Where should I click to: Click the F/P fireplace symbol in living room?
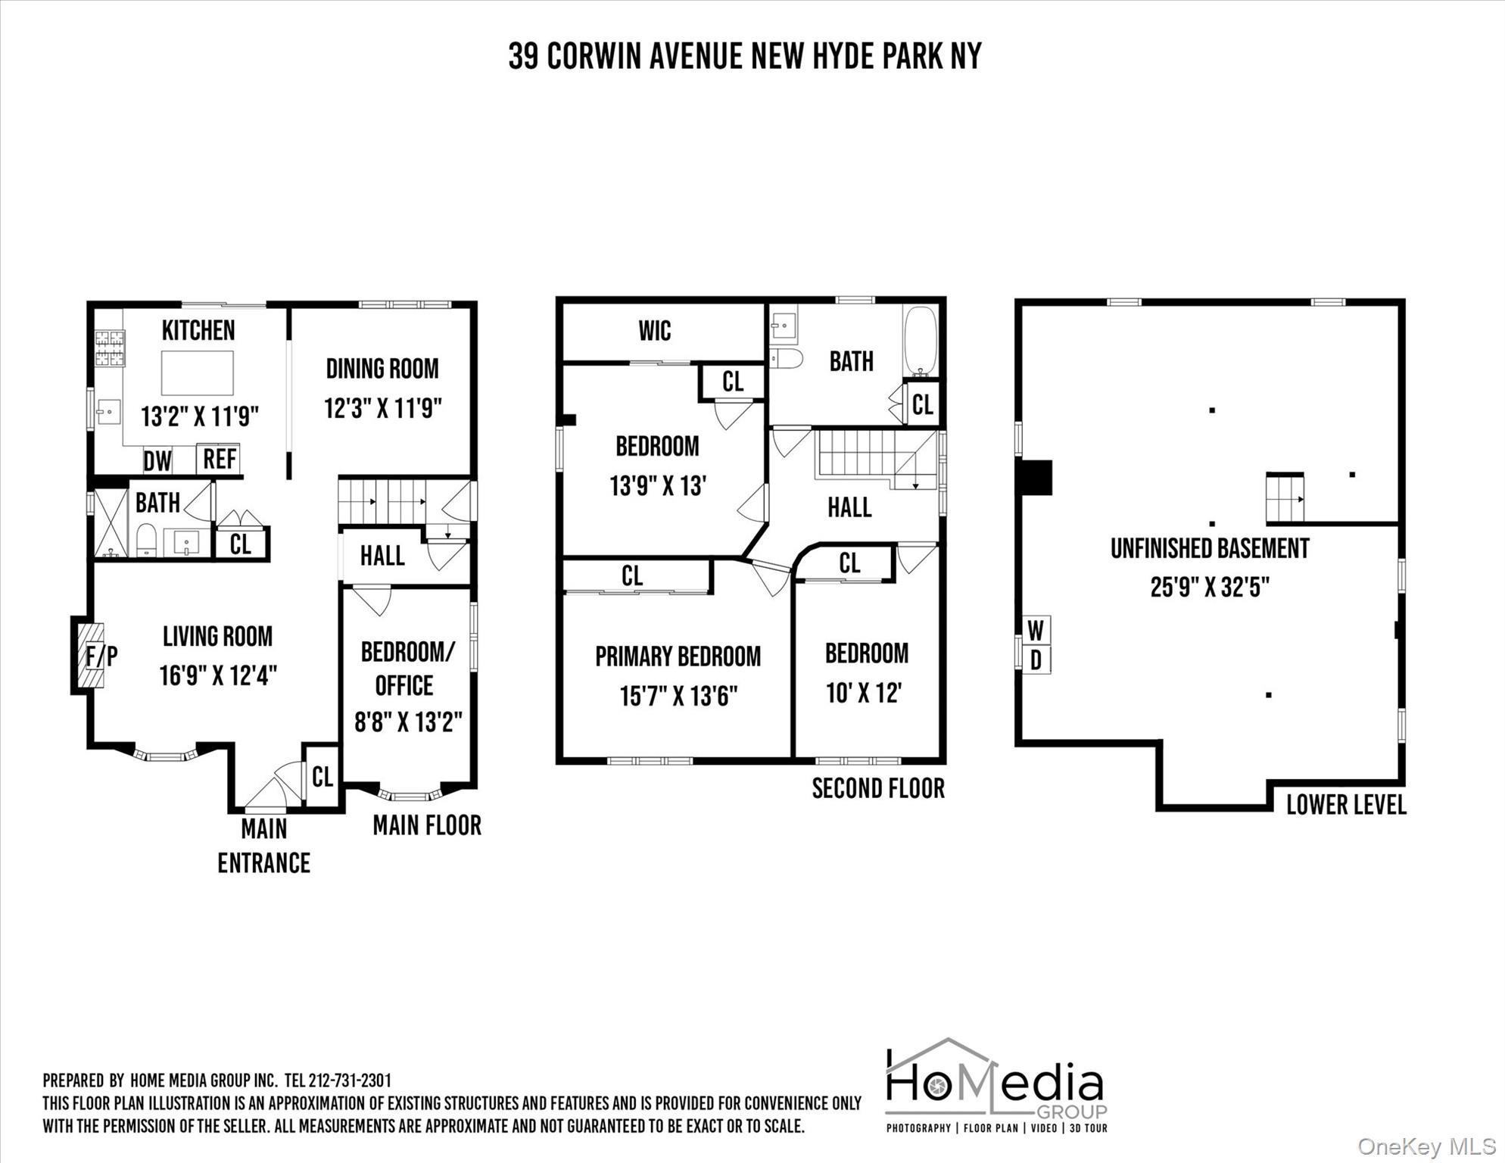pos(92,655)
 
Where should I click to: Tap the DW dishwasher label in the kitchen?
pos(157,460)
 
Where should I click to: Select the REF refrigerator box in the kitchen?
pos(220,458)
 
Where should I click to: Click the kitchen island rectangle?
pos(198,373)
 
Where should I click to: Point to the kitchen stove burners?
pos(109,349)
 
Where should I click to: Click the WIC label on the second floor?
pos(654,331)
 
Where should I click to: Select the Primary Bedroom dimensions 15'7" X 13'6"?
pos(678,696)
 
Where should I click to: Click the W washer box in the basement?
pos(1036,629)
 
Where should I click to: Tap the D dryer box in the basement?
pos(1036,660)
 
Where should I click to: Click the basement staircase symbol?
pos(1285,498)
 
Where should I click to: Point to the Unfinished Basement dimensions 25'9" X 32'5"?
pos(1209,587)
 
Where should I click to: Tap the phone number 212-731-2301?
pos(350,1080)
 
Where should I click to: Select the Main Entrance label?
pos(263,846)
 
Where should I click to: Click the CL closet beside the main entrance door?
pos(322,776)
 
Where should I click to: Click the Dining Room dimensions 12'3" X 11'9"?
pos(382,409)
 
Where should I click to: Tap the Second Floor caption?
pos(878,788)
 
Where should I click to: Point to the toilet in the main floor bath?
pos(146,540)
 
